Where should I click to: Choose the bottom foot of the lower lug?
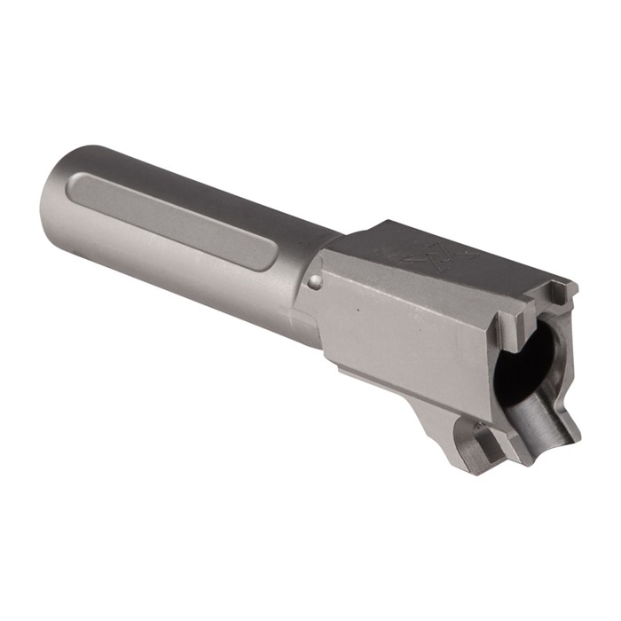[x=483, y=461]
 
